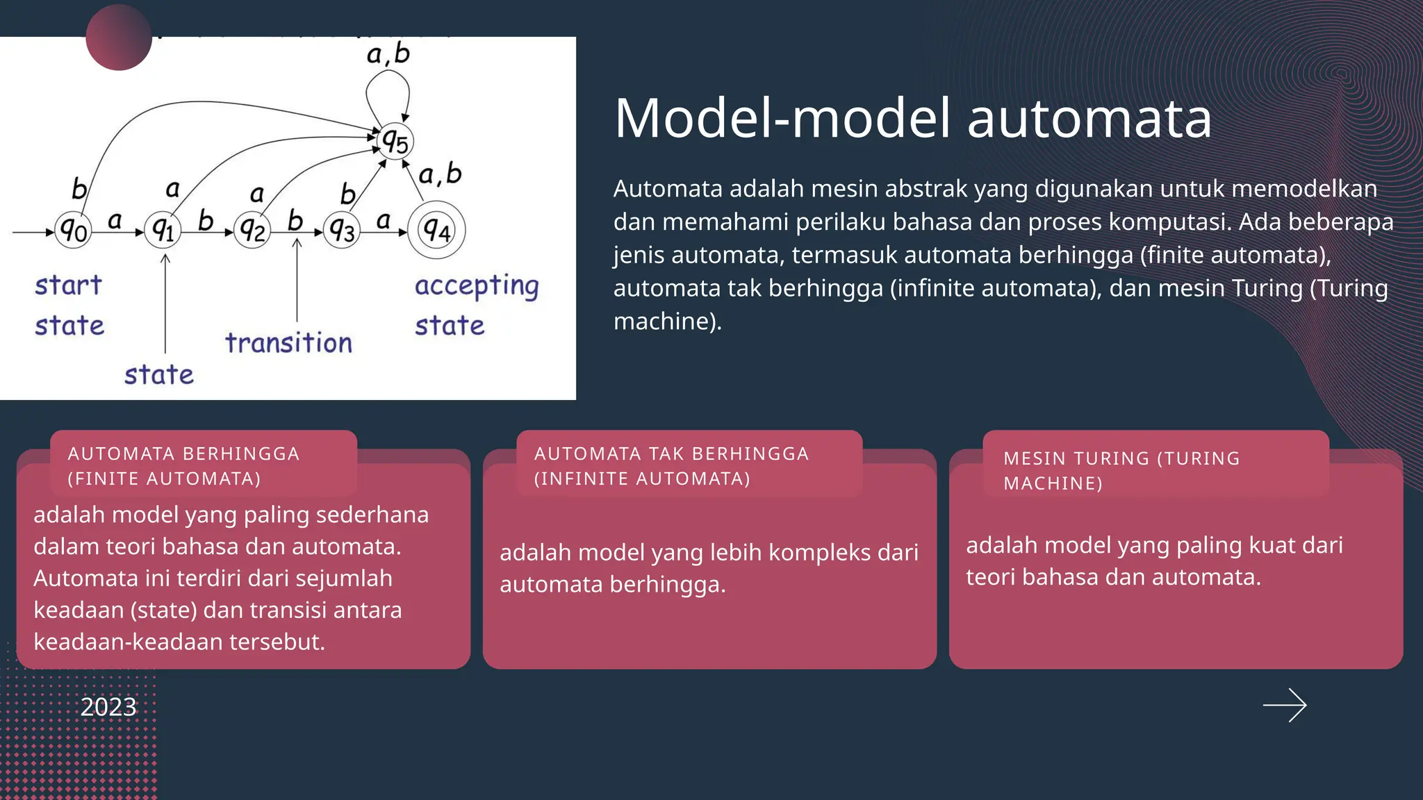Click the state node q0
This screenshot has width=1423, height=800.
[73, 230]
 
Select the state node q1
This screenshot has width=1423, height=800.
[163, 230]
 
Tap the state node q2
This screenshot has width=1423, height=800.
[252, 230]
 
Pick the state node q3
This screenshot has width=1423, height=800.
[342, 230]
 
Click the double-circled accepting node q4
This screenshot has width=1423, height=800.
[436, 230]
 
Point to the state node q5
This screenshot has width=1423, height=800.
[395, 142]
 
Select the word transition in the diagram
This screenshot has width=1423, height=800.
[288, 343]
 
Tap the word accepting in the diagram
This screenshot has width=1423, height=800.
[477, 286]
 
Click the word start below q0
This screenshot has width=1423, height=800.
[68, 285]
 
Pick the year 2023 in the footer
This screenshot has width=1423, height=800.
[108, 707]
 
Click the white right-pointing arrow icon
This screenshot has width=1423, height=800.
[1285, 706]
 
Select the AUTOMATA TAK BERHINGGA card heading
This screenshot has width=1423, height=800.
[671, 465]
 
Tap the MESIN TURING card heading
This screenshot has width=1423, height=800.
[1121, 470]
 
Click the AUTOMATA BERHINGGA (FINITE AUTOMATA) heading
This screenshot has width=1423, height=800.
[183, 465]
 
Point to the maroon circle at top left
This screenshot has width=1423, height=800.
[119, 37]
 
